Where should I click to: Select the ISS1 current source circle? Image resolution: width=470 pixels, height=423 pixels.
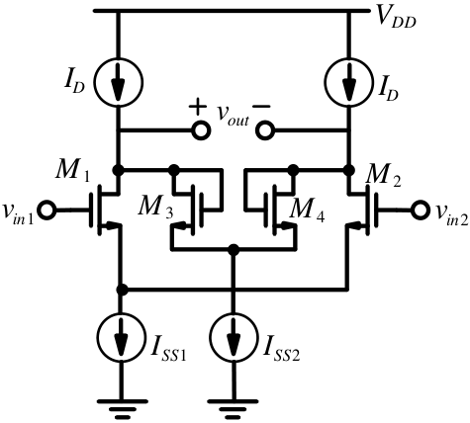[x=121, y=337]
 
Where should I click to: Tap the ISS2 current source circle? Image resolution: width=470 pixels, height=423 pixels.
[x=234, y=337]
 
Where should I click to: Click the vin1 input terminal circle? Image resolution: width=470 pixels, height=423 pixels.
[x=47, y=210]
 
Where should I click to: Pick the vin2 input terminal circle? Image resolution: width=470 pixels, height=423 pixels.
[x=421, y=210]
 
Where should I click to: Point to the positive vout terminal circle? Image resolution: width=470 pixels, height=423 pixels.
[x=201, y=130]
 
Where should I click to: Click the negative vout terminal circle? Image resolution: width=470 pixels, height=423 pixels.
[x=265, y=130]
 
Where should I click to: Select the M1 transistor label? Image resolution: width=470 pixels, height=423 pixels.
[x=72, y=171]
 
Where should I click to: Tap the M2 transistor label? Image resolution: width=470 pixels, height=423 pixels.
[x=384, y=177]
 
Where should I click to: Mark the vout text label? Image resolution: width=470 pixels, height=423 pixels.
[x=233, y=116]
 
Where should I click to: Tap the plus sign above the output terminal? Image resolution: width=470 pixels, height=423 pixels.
[x=198, y=107]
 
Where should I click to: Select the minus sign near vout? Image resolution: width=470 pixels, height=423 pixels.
[x=261, y=107]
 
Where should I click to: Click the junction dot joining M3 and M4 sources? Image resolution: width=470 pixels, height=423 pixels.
[x=234, y=249]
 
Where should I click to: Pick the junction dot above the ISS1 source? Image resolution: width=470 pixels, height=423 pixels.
[x=122, y=290]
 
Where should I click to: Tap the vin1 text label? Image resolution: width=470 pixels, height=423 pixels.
[x=18, y=214]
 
